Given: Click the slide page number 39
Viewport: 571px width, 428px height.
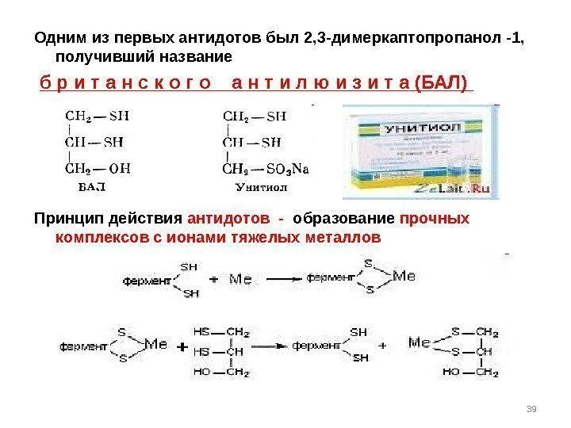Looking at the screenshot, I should coord(532,408).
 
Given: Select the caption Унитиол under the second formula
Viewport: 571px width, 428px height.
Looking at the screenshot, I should coord(261,188).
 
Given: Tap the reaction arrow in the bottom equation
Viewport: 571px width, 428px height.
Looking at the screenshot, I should coord(272,346).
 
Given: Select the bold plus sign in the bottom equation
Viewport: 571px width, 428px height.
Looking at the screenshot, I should coord(181,347).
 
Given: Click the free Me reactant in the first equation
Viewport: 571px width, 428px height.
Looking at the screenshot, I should coord(241,279).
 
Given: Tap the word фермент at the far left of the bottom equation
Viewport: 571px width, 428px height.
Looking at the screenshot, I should coord(82,346).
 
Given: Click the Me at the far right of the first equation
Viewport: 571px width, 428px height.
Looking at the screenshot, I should coord(404,276).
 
